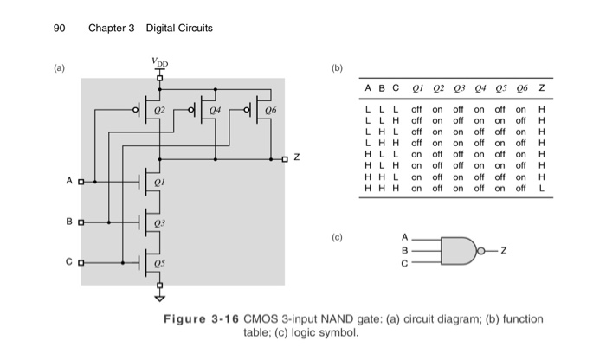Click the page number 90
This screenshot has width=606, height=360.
coord(59,28)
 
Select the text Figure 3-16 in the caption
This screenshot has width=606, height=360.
coord(202,319)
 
